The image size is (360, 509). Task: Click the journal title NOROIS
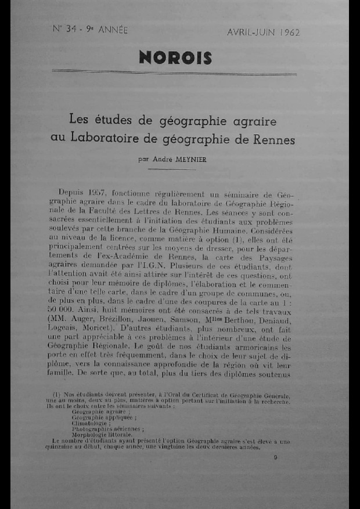tap(175, 57)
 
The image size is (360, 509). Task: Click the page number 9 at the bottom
tap(275, 457)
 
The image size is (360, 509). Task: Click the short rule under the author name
tap(179, 169)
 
